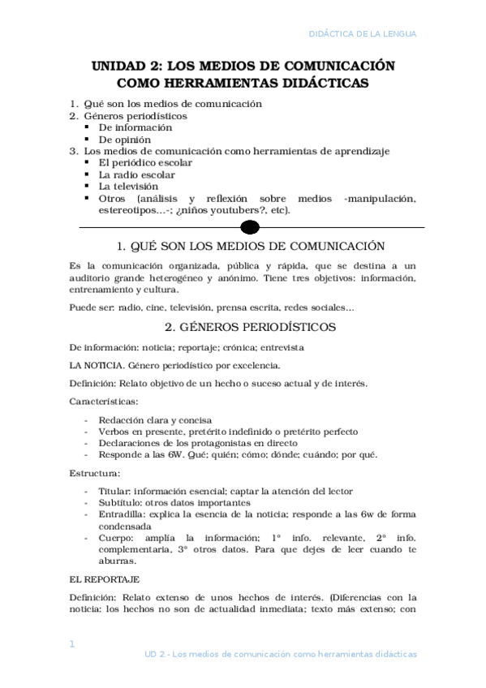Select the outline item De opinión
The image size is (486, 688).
click(124, 140)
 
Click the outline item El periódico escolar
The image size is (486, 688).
click(145, 162)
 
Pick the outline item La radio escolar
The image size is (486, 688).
click(136, 174)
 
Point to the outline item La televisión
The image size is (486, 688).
click(129, 186)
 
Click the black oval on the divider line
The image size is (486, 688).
click(251, 227)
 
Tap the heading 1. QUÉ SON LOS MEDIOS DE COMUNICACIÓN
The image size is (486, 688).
click(250, 246)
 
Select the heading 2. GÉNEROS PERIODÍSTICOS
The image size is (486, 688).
click(250, 327)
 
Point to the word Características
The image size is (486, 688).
click(103, 402)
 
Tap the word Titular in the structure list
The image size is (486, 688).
click(113, 491)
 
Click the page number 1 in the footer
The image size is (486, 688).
click(72, 644)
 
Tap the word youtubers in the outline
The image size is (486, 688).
click(227, 209)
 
